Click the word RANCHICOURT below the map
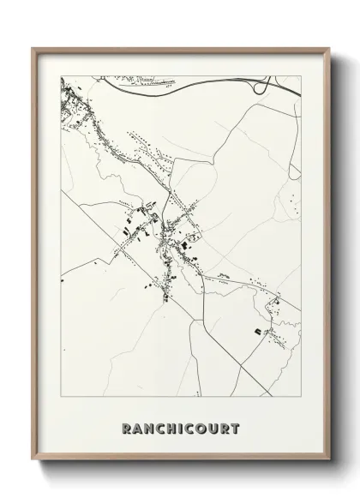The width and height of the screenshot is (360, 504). (x=181, y=429)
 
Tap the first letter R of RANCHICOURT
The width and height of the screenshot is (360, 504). (x=126, y=429)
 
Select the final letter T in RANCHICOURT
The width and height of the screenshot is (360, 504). (x=236, y=429)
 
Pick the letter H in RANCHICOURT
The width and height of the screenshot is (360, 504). (x=170, y=429)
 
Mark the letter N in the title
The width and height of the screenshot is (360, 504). (x=147, y=429)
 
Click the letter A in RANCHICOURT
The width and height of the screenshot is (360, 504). (x=136, y=429)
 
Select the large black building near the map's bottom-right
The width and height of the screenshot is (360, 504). (x=256, y=330)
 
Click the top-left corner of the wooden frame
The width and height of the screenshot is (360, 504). (x=33, y=48)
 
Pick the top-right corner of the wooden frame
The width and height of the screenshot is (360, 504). (x=328, y=48)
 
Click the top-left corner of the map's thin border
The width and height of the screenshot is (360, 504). (x=61, y=76)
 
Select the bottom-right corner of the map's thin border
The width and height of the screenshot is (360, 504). (x=302, y=396)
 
